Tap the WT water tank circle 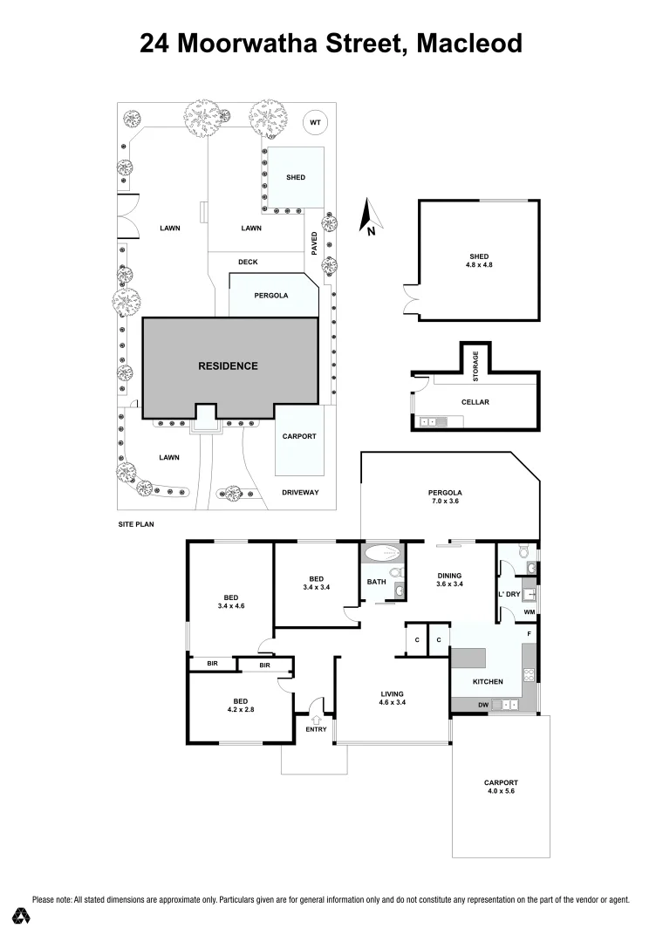coord(315,123)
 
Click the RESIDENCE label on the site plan coord(229,365)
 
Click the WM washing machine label coord(529,611)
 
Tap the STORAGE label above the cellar coord(475,366)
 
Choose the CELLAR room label coord(475,402)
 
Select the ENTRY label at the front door coord(317,729)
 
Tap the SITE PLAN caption coord(135,525)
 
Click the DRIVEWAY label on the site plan coord(300,493)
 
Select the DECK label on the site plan coord(248,262)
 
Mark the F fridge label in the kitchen coord(529,633)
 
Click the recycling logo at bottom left coord(23,916)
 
